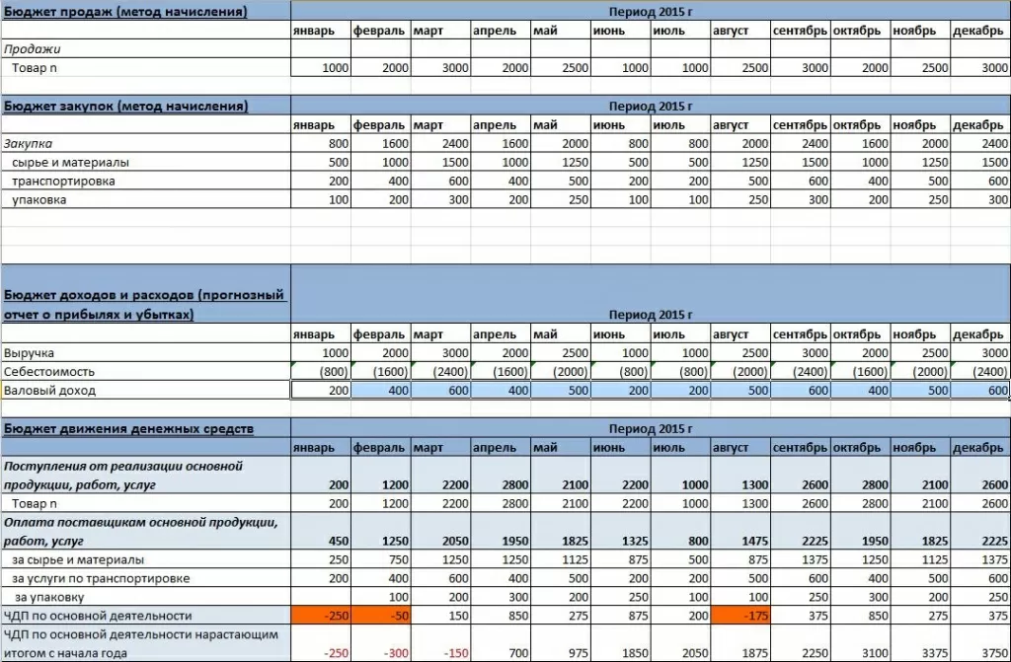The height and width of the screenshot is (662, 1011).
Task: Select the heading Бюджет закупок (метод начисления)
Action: pos(125,106)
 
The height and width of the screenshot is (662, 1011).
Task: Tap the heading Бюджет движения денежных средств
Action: pos(128,429)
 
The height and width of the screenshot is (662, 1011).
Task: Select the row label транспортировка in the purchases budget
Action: pos(63,182)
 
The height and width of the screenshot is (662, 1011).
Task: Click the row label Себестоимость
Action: pos(43,372)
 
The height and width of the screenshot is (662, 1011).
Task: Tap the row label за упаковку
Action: pos(48,597)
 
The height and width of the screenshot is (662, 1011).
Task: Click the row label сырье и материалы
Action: pos(70,162)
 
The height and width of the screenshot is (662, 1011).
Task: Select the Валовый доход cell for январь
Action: pos(321,391)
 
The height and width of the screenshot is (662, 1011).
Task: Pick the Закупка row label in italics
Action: pos(29,143)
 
